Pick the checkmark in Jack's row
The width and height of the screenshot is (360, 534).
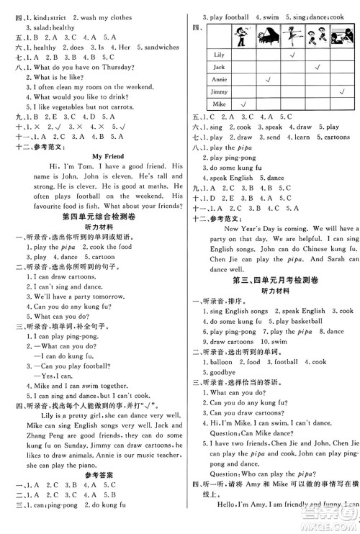[x=317, y=67]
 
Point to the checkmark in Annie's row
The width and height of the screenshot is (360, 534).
[x=267, y=79]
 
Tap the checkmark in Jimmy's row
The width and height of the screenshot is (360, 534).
[x=341, y=92]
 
